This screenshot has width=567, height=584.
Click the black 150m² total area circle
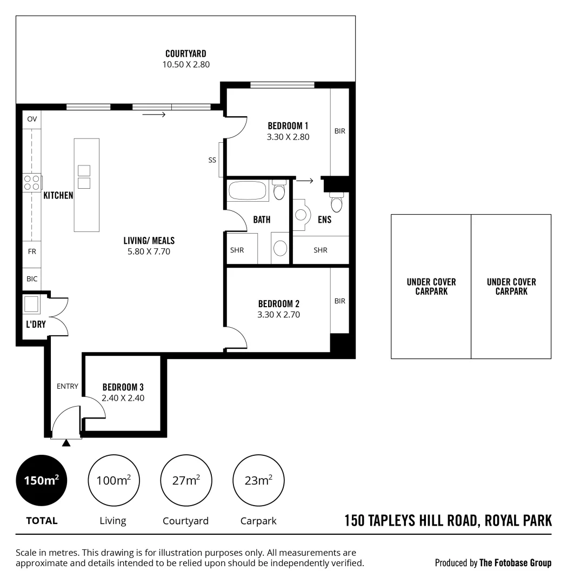pos(42,480)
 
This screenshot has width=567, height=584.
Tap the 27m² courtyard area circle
pos(186,480)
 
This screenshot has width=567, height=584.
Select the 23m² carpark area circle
pos(258,480)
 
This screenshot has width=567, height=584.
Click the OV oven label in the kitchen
pos(32,119)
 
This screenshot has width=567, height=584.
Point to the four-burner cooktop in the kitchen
pos(31,182)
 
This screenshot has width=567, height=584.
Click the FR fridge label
pos(32,251)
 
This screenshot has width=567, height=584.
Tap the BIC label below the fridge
pos(32,279)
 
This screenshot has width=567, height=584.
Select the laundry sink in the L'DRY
pos(31,304)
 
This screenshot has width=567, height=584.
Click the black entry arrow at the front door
pos(66,443)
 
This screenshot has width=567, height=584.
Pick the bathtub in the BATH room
pos(248,191)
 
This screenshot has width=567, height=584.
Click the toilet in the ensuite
pos(336,203)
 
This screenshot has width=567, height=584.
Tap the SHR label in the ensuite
pos(321,250)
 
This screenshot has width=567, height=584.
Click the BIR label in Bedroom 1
pos(339,131)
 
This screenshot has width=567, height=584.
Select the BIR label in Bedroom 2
pos(339,301)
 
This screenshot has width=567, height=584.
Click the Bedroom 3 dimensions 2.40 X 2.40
pos(123,398)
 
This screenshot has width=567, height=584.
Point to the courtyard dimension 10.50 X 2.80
pos(185,64)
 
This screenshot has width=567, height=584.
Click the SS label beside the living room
pos(212,160)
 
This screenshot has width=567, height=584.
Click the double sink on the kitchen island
pos(84,177)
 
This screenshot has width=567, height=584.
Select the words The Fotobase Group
pos(515,563)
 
